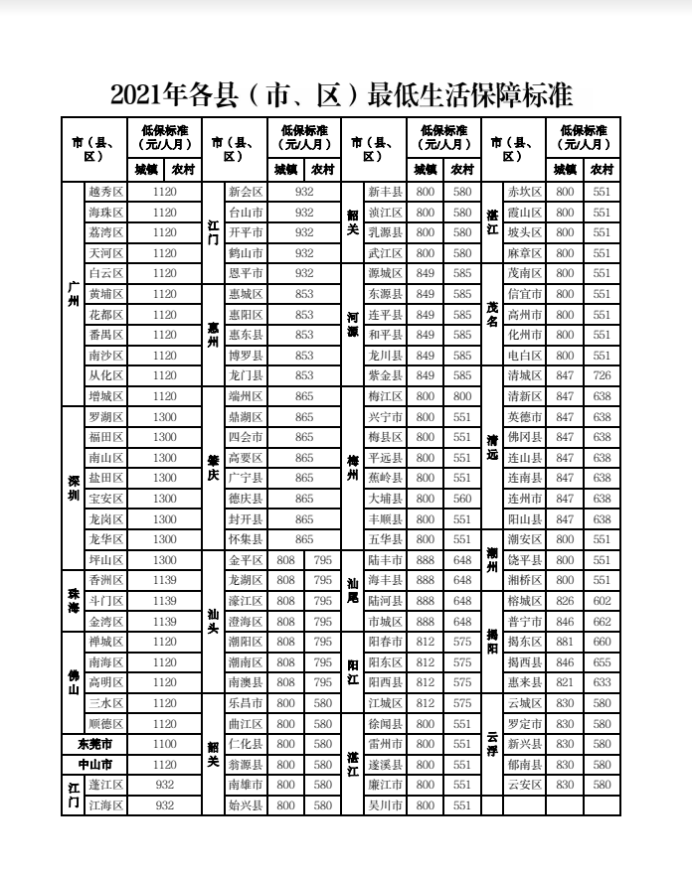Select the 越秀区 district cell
coord(105,192)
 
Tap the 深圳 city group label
coord(73,488)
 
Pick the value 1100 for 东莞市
coord(165,744)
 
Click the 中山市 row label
coord(94,765)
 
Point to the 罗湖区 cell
coord(105,417)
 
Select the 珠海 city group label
coord(73,600)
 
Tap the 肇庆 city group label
coord(213,468)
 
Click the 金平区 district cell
coord(245,560)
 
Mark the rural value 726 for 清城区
coord(602,375)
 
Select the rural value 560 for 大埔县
coord(462,499)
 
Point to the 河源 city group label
coord(352,325)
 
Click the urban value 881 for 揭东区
coord(565,642)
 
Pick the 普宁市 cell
coord(524,622)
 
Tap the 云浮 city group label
coord(491,744)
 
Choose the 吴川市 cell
coord(384,805)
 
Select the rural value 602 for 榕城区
coord(602,601)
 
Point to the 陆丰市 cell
coord(384,560)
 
